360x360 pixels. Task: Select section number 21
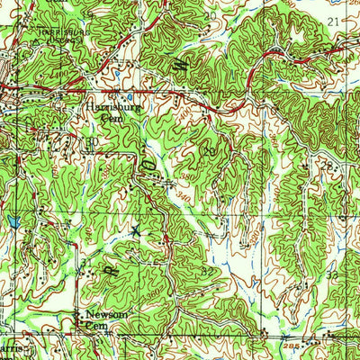point(335,20)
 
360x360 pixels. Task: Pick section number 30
point(92,140)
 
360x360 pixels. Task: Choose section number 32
point(209,271)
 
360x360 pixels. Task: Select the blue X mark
point(136,231)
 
